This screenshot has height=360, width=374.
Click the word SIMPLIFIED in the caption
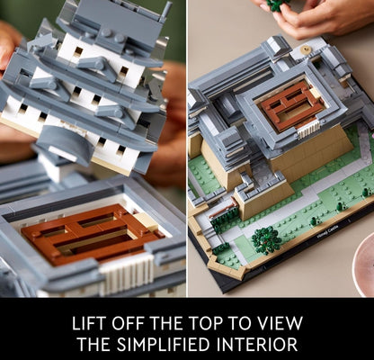pyautogui.click(x=163, y=344)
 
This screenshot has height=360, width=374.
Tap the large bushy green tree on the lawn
pyautogui.click(x=266, y=240)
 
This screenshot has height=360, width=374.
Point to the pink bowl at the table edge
pyautogui.click(x=363, y=264)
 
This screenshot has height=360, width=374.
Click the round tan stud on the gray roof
pyautogui.click(x=306, y=49)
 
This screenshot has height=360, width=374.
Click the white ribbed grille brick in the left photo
pyautogui.click(x=126, y=274)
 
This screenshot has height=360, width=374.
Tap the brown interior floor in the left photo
pyautogui.click(x=90, y=232)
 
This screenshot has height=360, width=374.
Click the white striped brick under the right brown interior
pyautogui.click(x=308, y=130)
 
